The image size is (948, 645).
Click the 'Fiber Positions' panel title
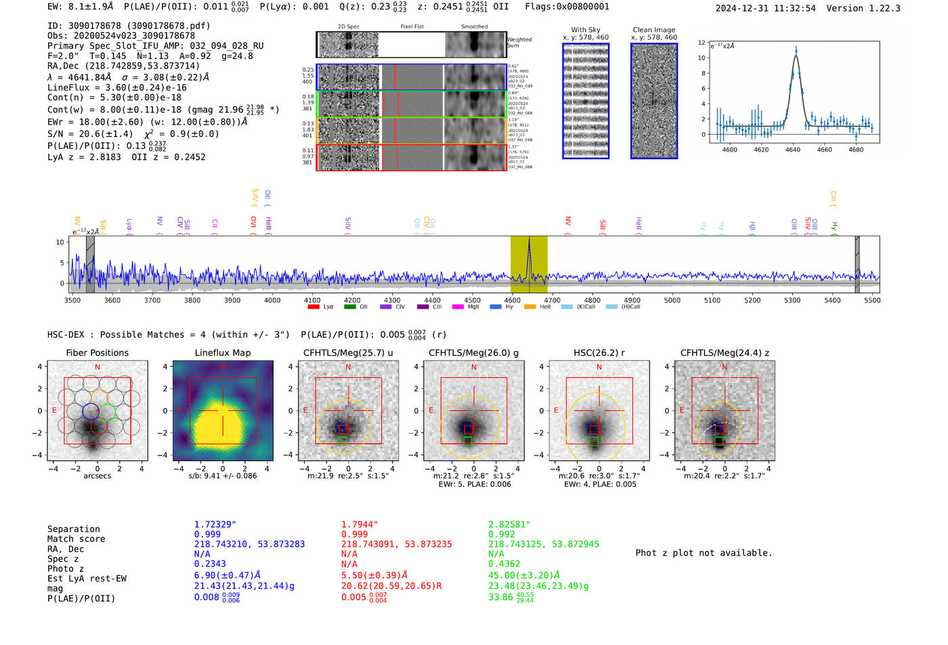click(x=97, y=353)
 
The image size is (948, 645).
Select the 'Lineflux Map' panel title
click(x=222, y=353)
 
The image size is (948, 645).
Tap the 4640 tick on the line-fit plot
click(x=793, y=150)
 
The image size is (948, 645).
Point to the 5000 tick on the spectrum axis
click(x=672, y=300)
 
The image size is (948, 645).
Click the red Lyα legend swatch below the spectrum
click(x=314, y=307)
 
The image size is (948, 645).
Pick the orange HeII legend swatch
click(x=530, y=307)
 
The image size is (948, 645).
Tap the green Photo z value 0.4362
click(x=504, y=564)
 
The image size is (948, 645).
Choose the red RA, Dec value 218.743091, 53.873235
click(x=396, y=544)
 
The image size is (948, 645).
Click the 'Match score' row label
click(x=76, y=539)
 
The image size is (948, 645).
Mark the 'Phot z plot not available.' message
click(x=704, y=553)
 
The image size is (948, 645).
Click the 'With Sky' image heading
click(x=585, y=30)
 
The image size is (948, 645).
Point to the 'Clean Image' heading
click(x=653, y=30)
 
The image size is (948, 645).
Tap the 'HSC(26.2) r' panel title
click(x=599, y=353)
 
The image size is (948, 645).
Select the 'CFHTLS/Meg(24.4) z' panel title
click(x=725, y=353)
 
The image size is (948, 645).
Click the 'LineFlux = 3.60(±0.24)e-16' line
click(x=116, y=88)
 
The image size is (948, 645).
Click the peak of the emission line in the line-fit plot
click(x=796, y=49)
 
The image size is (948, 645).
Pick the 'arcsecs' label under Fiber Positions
click(x=97, y=476)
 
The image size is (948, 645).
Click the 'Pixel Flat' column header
click(x=412, y=27)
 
